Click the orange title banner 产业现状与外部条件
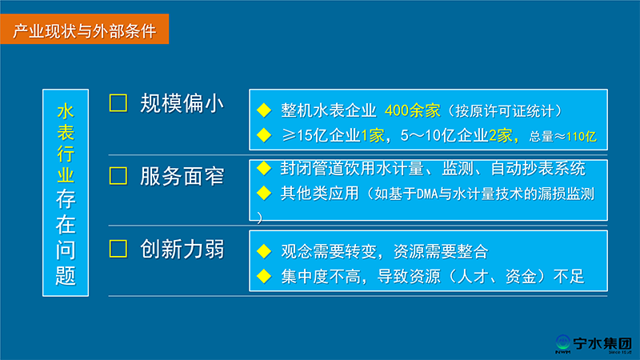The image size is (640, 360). [85, 29]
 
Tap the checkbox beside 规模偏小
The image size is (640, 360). [118, 103]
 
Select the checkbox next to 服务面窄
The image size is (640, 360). [118, 176]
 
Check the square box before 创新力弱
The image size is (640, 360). [118, 249]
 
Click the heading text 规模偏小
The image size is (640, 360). [182, 103]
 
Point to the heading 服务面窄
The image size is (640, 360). [182, 176]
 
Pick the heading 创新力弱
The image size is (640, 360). [182, 249]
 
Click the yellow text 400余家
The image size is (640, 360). [412, 110]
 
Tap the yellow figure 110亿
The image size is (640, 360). [582, 136]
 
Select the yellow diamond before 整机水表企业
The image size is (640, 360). [264, 110]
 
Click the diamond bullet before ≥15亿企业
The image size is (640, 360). [264, 135]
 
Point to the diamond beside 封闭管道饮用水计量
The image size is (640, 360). [264, 168]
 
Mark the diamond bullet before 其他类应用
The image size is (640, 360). [264, 193]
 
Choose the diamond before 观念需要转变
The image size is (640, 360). [264, 251]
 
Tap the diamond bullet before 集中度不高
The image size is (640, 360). [264, 276]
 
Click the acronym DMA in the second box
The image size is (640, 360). [427, 194]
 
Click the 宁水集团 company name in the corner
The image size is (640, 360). [602, 343]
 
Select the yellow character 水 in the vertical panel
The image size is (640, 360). [66, 111]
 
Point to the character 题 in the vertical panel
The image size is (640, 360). [66, 276]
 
